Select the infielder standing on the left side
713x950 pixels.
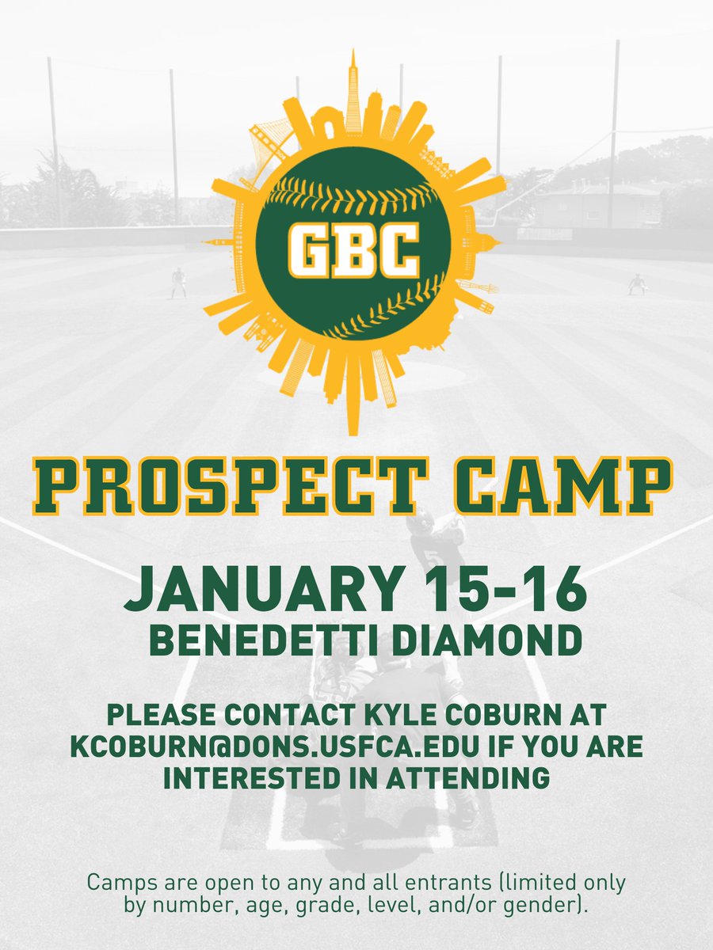(x=178, y=283)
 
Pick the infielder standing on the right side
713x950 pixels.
(x=636, y=284)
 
